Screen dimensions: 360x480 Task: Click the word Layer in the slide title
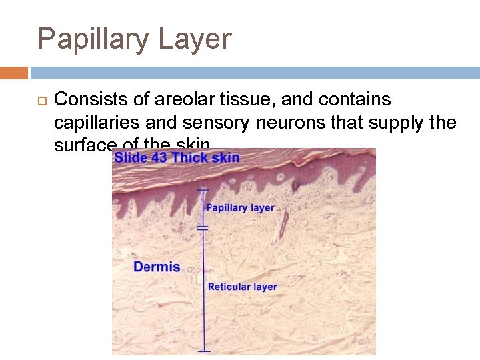click(x=195, y=39)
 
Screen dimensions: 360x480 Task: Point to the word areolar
click(x=181, y=100)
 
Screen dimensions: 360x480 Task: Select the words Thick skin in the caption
click(x=206, y=158)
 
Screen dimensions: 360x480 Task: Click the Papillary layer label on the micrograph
click(x=240, y=207)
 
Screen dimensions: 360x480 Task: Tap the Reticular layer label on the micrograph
click(x=242, y=287)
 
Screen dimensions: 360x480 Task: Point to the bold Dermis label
click(x=157, y=267)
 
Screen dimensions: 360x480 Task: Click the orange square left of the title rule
click(x=13, y=73)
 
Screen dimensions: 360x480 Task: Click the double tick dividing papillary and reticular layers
click(x=203, y=228)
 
